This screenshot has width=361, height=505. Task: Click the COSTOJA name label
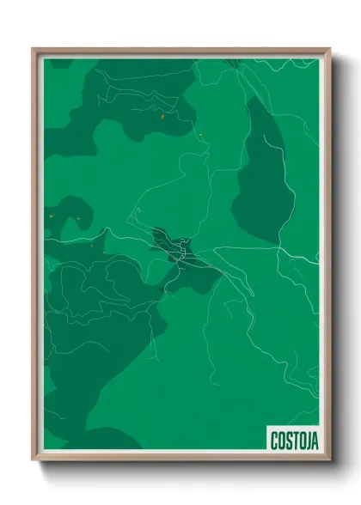pyautogui.click(x=293, y=441)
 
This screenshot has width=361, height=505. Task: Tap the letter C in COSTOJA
pyautogui.click(x=274, y=441)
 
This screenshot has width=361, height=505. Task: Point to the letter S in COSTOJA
pyautogui.click(x=287, y=441)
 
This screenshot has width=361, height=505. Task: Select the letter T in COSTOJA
pyautogui.click(x=293, y=441)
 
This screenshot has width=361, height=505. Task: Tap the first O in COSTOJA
pyautogui.click(x=280, y=441)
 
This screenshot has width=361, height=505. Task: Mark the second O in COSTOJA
pyautogui.click(x=300, y=441)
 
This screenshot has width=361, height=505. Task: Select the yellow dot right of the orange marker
pyautogui.click(x=200, y=134)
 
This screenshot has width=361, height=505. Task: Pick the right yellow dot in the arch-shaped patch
pyautogui.click(x=78, y=219)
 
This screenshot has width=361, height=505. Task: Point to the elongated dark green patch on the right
pyautogui.click(x=262, y=176)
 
